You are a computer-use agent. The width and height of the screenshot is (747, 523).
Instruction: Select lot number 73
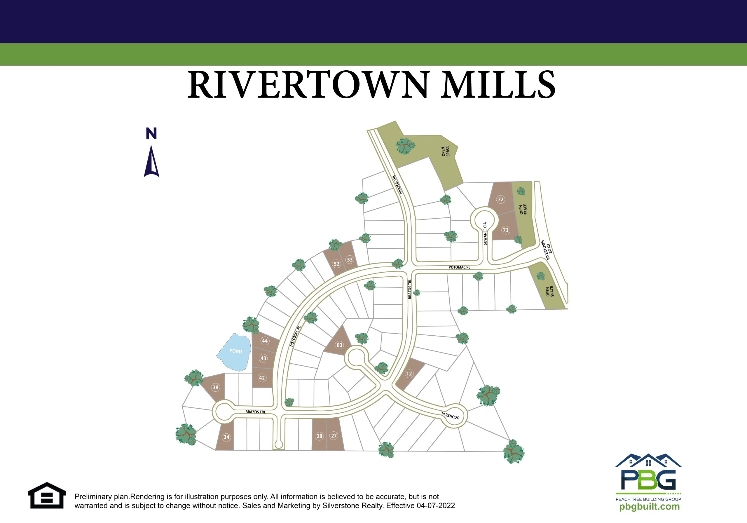pyautogui.click(x=505, y=230)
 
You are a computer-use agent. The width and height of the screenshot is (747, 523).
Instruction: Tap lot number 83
pyautogui.click(x=339, y=345)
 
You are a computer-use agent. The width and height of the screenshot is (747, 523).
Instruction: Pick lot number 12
pyautogui.click(x=409, y=374)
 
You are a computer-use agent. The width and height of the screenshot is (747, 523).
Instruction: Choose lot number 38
pyautogui.click(x=215, y=387)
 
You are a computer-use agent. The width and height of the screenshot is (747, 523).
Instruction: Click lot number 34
pyautogui.click(x=226, y=437)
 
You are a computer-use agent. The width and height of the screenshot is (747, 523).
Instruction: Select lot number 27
pyautogui.click(x=334, y=435)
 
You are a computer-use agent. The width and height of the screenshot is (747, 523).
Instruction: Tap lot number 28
pyautogui.click(x=320, y=436)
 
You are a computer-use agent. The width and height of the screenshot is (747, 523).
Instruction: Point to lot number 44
pyautogui.click(x=265, y=341)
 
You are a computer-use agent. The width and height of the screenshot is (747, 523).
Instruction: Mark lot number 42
pyautogui.click(x=262, y=378)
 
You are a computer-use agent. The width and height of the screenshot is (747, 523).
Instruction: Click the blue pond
pyautogui.click(x=234, y=352)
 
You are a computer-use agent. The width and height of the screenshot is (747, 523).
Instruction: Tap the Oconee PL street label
pyautogui.click(x=450, y=416)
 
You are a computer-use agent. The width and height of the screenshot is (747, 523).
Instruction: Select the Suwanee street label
pyautogui.click(x=485, y=233)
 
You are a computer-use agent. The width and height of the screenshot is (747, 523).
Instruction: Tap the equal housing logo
pyautogui.click(x=47, y=495)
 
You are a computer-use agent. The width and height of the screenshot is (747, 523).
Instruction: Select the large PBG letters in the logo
pyautogui.click(x=648, y=480)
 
